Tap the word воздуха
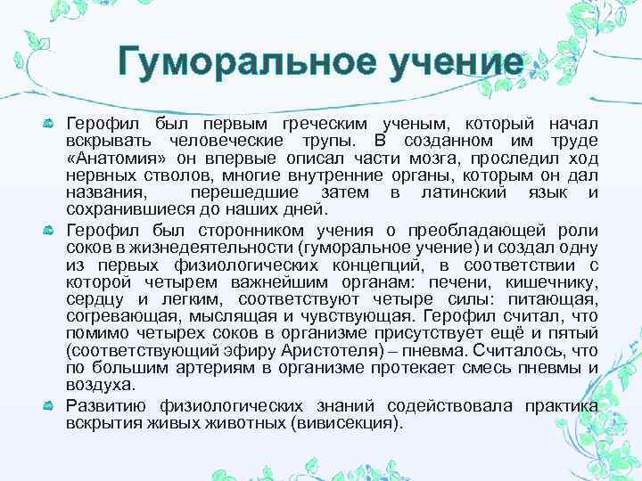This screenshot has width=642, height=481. (x=101, y=383)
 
